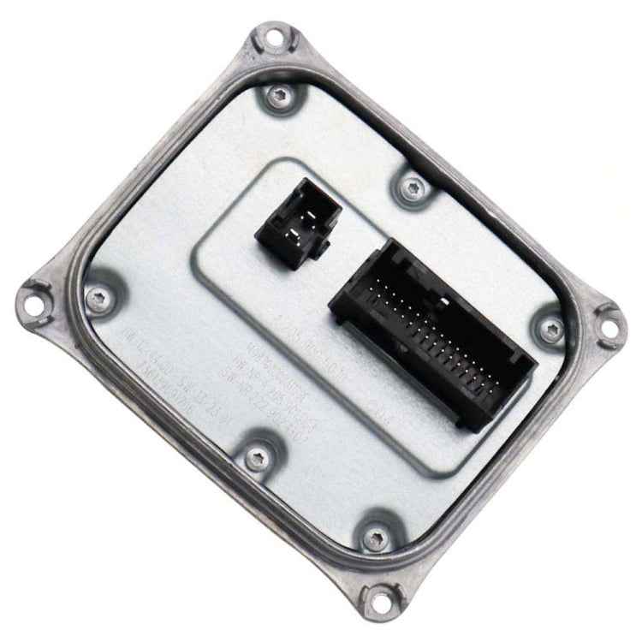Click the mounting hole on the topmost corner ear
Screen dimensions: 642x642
click(273, 39)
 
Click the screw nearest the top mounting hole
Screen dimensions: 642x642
click(278, 98)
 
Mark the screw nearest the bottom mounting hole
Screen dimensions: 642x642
click(373, 538)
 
